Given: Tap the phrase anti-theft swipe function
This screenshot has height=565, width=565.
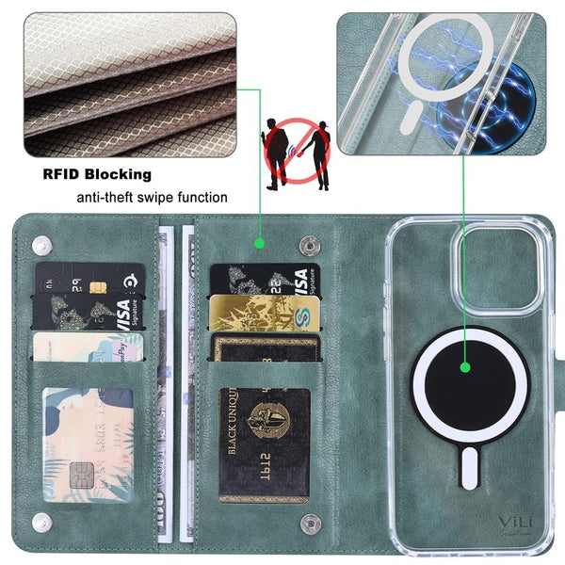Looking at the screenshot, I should coord(152,198).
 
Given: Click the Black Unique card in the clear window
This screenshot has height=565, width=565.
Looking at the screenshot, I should coord(264,443).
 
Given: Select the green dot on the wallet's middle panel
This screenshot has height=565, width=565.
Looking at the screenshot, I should coord(259,244).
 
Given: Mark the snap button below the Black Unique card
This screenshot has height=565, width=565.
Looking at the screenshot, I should coord(307,523).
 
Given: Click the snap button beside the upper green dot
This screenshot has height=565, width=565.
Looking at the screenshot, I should coord(308,245).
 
